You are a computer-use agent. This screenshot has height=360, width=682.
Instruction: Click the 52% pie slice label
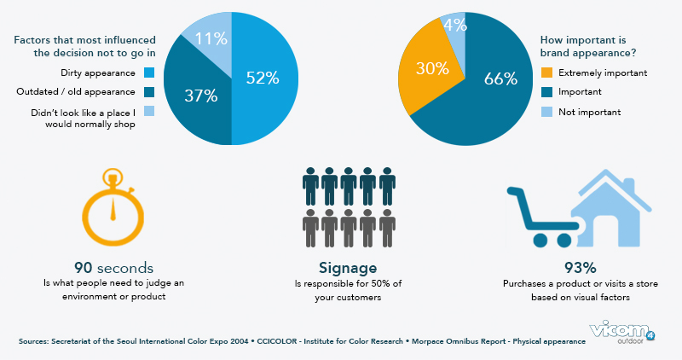[262, 78]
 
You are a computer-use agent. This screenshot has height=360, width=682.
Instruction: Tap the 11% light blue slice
[209, 38]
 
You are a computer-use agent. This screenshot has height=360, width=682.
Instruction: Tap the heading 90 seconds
[114, 267]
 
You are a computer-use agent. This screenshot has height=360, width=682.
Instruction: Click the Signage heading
[340, 266]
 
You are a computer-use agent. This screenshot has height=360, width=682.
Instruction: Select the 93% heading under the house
[567, 267]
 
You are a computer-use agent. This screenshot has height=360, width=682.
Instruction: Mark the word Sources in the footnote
[38, 341]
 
